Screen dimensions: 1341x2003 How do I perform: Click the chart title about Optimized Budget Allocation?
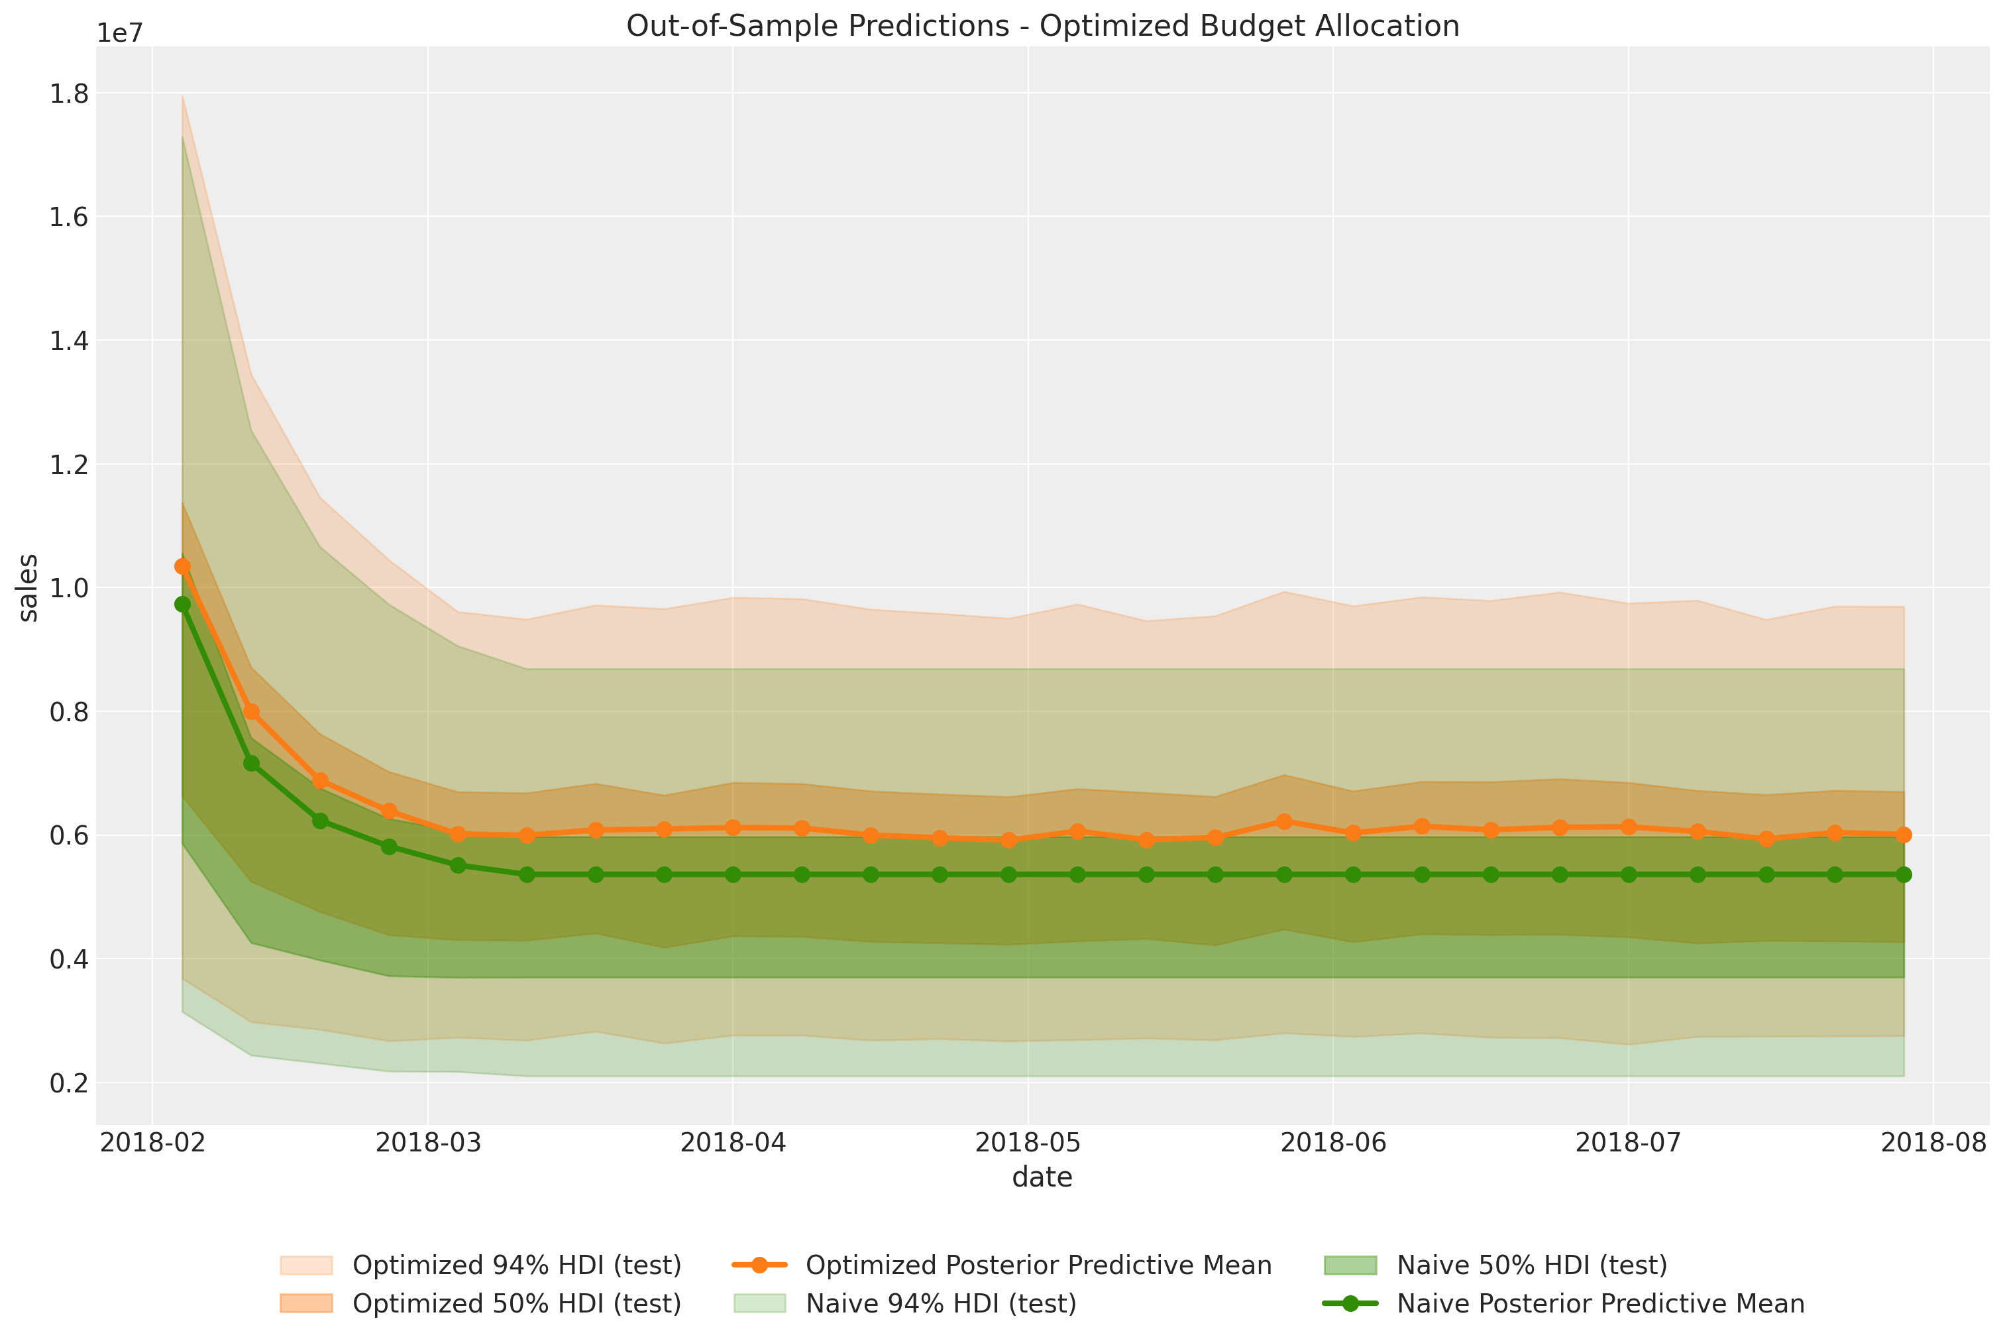click(1042, 26)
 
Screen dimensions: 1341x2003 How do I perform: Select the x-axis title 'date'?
click(1042, 1178)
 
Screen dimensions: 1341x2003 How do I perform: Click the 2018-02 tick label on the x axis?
click(153, 1143)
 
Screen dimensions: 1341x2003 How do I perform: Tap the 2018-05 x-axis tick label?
click(1028, 1143)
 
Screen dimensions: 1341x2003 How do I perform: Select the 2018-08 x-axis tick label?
click(1933, 1143)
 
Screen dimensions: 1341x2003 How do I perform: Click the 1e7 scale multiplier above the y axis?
click(120, 33)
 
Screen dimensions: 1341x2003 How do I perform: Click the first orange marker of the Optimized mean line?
click(182, 566)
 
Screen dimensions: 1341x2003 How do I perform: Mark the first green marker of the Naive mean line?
click(182, 604)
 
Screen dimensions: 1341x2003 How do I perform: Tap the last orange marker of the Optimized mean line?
click(1904, 835)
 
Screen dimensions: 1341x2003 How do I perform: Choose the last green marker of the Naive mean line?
click(1904, 874)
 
